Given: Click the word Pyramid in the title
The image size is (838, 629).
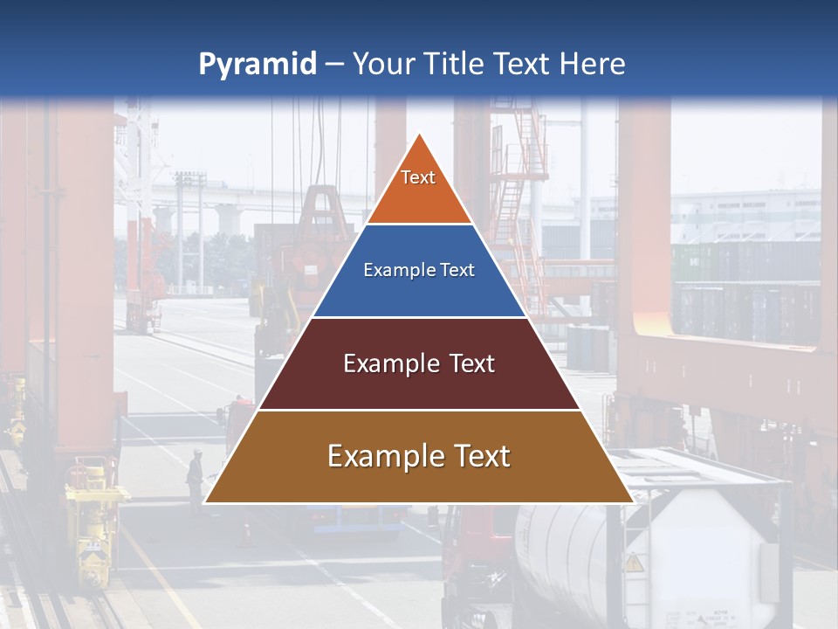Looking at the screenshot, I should [258, 65].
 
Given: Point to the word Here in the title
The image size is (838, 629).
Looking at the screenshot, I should [593, 65].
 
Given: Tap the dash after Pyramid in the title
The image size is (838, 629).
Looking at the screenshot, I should [334, 65].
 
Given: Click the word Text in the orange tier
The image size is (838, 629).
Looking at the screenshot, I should [418, 177].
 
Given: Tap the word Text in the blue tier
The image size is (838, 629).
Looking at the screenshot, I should [458, 270].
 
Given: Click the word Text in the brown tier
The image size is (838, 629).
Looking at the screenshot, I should [478, 456].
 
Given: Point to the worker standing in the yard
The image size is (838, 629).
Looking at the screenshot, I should [195, 476].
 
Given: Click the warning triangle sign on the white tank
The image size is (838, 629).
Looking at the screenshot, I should [635, 563].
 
